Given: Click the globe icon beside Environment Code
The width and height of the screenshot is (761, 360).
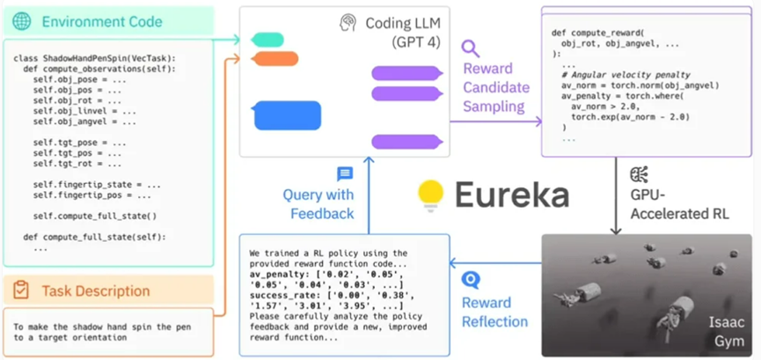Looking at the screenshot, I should [23, 21].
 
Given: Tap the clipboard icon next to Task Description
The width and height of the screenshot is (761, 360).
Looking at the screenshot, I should [23, 290].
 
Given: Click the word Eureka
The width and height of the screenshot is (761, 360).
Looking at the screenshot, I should [511, 196].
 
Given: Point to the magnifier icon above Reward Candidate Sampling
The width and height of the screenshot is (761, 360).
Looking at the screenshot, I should [471, 48].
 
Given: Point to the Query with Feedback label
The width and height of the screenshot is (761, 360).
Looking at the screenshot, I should [318, 203].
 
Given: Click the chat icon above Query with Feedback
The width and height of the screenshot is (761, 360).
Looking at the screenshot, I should [345, 174].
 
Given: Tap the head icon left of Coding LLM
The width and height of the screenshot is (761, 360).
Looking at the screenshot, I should [348, 24].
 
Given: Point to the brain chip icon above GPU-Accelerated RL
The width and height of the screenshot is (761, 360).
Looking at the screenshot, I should [640, 173].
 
